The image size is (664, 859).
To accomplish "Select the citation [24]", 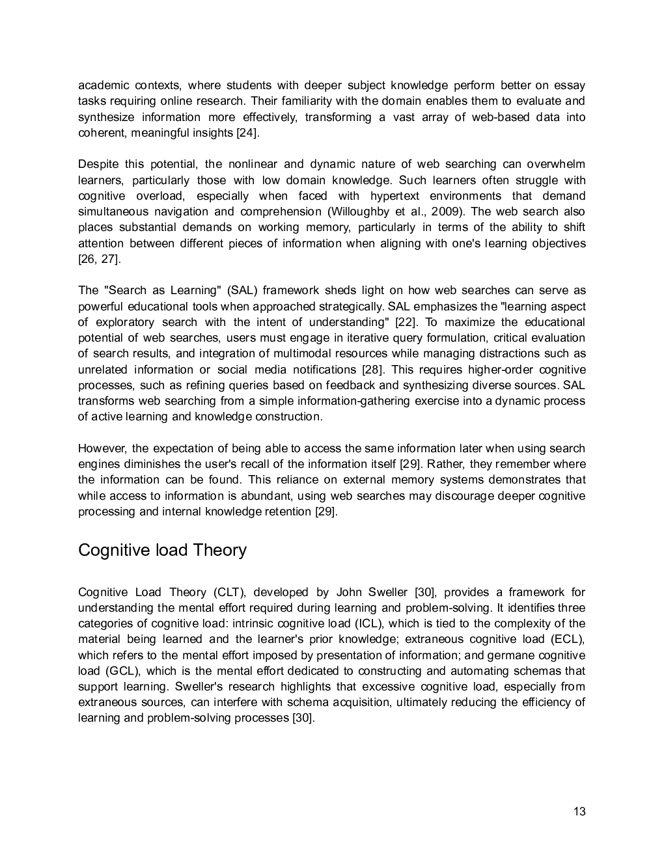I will pyautogui.click(x=247, y=133).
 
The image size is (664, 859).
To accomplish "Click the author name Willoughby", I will pyautogui.click(x=361, y=211).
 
